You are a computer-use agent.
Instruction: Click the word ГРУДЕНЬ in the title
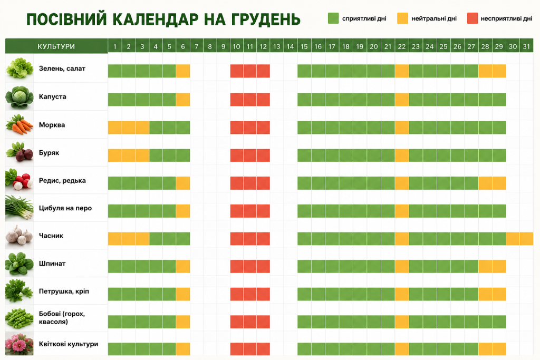point(266,20)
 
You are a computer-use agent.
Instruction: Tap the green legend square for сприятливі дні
point(333,18)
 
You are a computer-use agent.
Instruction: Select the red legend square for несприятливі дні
point(472,18)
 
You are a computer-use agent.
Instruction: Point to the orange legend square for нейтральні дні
point(402,18)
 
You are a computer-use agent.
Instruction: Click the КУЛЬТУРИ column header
point(56,46)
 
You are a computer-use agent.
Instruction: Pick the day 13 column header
point(276,46)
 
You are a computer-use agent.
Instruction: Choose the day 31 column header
point(526,46)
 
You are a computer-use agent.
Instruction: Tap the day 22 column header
point(401,46)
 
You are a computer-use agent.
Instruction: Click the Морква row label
point(52,125)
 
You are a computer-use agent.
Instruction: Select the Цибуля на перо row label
point(65,208)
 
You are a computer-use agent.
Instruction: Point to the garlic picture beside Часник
point(20,236)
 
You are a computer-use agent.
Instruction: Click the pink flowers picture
point(20,344)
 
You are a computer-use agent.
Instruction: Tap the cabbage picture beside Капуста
point(20,96)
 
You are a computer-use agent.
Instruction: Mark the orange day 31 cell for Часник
point(526,239)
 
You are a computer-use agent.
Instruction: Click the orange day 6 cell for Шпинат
point(183,266)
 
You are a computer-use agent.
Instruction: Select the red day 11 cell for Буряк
point(249,155)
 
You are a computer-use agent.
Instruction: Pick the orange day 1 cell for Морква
point(114,128)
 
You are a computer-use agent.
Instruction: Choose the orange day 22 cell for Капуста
point(401,100)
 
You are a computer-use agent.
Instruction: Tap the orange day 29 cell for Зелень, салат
point(499,71)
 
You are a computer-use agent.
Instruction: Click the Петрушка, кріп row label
point(64,291)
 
